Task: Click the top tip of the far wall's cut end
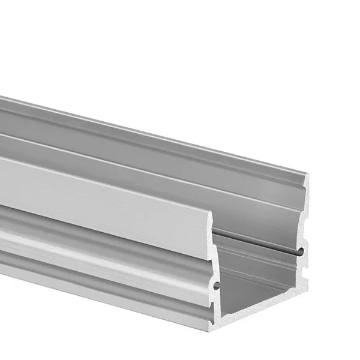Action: (307, 175)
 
